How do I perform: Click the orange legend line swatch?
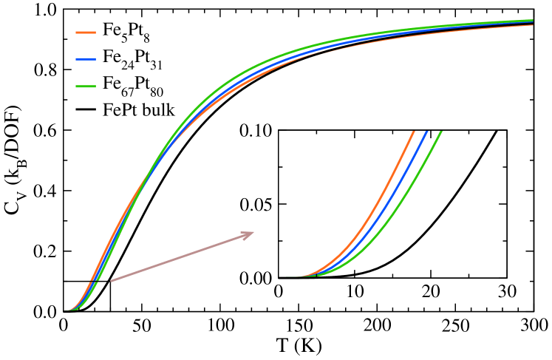click(86, 33)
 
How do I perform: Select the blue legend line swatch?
click(86, 59)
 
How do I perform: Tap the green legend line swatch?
click(86, 86)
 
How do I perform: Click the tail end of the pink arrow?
click(112, 281)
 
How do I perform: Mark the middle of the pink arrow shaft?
click(182, 257)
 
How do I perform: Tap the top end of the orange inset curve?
click(413, 132)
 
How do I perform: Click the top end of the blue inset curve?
click(426, 132)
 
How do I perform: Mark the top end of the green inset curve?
click(440, 132)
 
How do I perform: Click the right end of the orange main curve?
click(532, 25)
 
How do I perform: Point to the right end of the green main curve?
click(532, 21)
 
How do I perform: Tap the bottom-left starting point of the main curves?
click(68, 310)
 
